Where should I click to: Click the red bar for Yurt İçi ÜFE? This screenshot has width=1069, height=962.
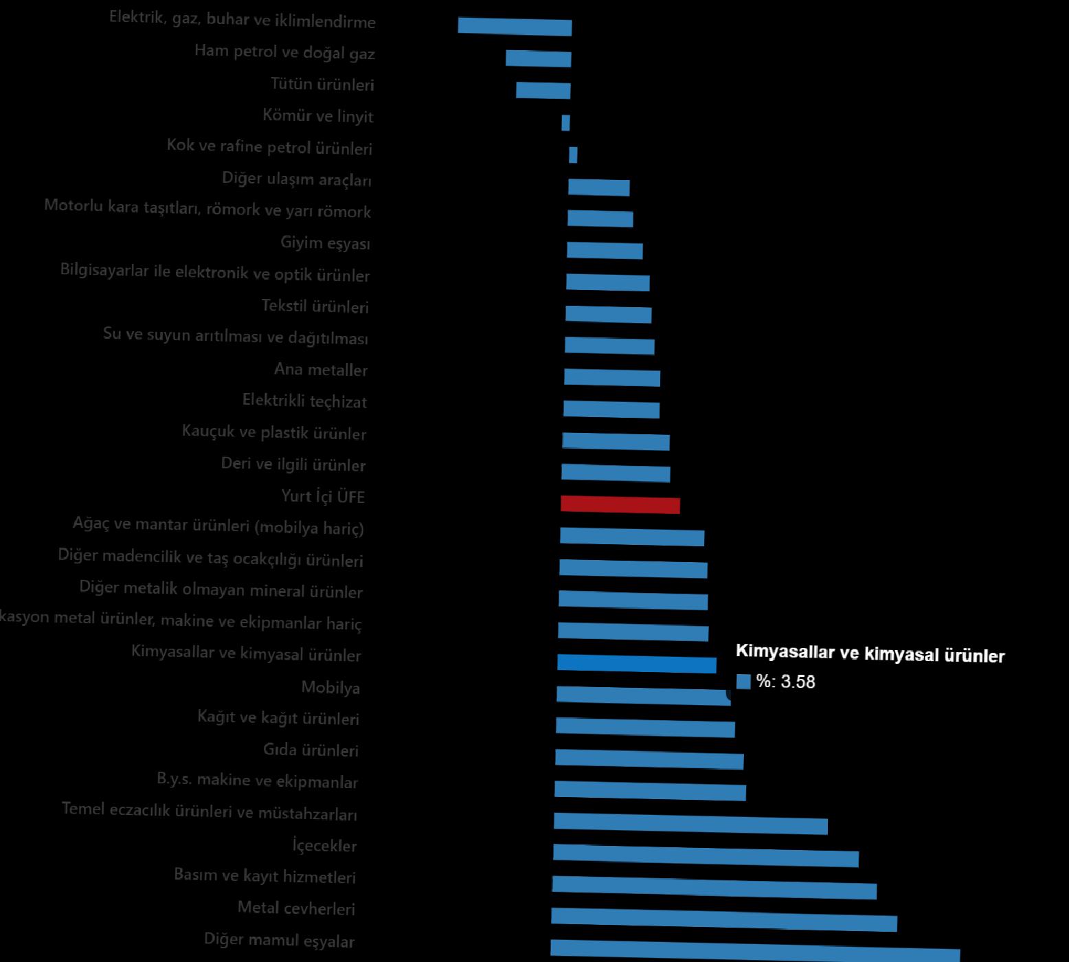[x=620, y=504]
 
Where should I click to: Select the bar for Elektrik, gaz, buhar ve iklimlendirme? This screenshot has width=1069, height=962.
[x=515, y=26]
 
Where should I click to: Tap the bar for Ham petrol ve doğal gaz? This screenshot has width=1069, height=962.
[x=538, y=58]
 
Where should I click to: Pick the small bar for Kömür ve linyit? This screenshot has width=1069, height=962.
[x=565, y=122]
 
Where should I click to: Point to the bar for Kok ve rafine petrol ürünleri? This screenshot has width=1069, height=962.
[x=573, y=155]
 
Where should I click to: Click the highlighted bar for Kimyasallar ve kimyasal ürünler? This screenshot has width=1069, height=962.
[x=636, y=664]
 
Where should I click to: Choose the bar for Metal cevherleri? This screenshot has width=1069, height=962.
[x=724, y=919]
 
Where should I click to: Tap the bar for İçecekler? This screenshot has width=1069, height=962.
[x=706, y=855]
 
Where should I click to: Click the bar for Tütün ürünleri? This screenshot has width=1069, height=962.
[x=543, y=90]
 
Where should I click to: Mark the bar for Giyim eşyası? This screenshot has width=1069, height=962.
[x=605, y=250]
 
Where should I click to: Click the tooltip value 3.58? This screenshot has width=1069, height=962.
[x=798, y=682]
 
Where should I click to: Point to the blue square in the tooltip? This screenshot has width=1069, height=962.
[x=743, y=681]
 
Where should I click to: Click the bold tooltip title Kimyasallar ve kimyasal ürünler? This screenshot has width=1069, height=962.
[x=870, y=654]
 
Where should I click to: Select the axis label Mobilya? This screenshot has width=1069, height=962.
[x=330, y=687]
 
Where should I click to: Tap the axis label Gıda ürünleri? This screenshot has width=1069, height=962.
[x=311, y=750]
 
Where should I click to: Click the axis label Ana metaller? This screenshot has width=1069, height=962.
[x=321, y=370]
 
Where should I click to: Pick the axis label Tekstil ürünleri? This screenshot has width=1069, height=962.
[x=315, y=306]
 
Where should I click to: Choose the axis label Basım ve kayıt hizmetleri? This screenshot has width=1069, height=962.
[x=265, y=876]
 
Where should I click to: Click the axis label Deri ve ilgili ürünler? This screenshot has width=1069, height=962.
[x=293, y=465]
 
